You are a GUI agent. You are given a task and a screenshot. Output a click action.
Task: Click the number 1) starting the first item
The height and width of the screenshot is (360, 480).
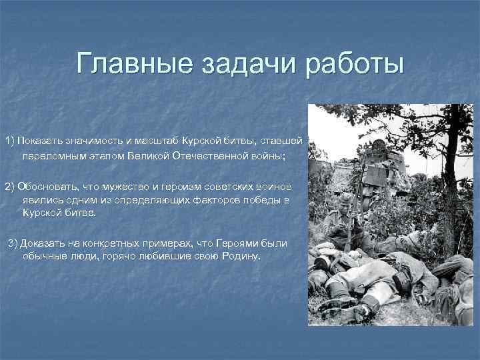click(x=10, y=141)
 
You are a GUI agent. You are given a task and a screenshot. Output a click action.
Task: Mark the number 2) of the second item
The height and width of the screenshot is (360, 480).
click(x=10, y=185)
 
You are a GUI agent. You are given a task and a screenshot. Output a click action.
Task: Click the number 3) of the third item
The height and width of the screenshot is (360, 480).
click(x=14, y=243)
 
